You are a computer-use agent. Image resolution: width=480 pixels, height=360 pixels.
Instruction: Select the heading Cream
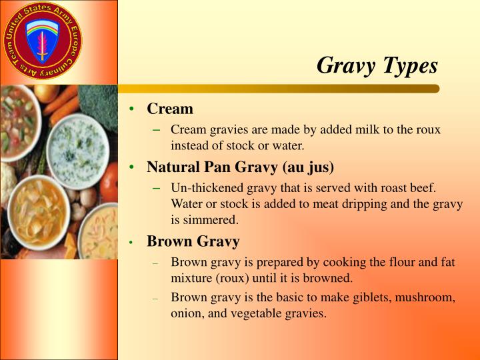[x=170, y=109]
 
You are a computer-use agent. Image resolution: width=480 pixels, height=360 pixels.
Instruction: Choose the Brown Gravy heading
[x=193, y=241]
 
